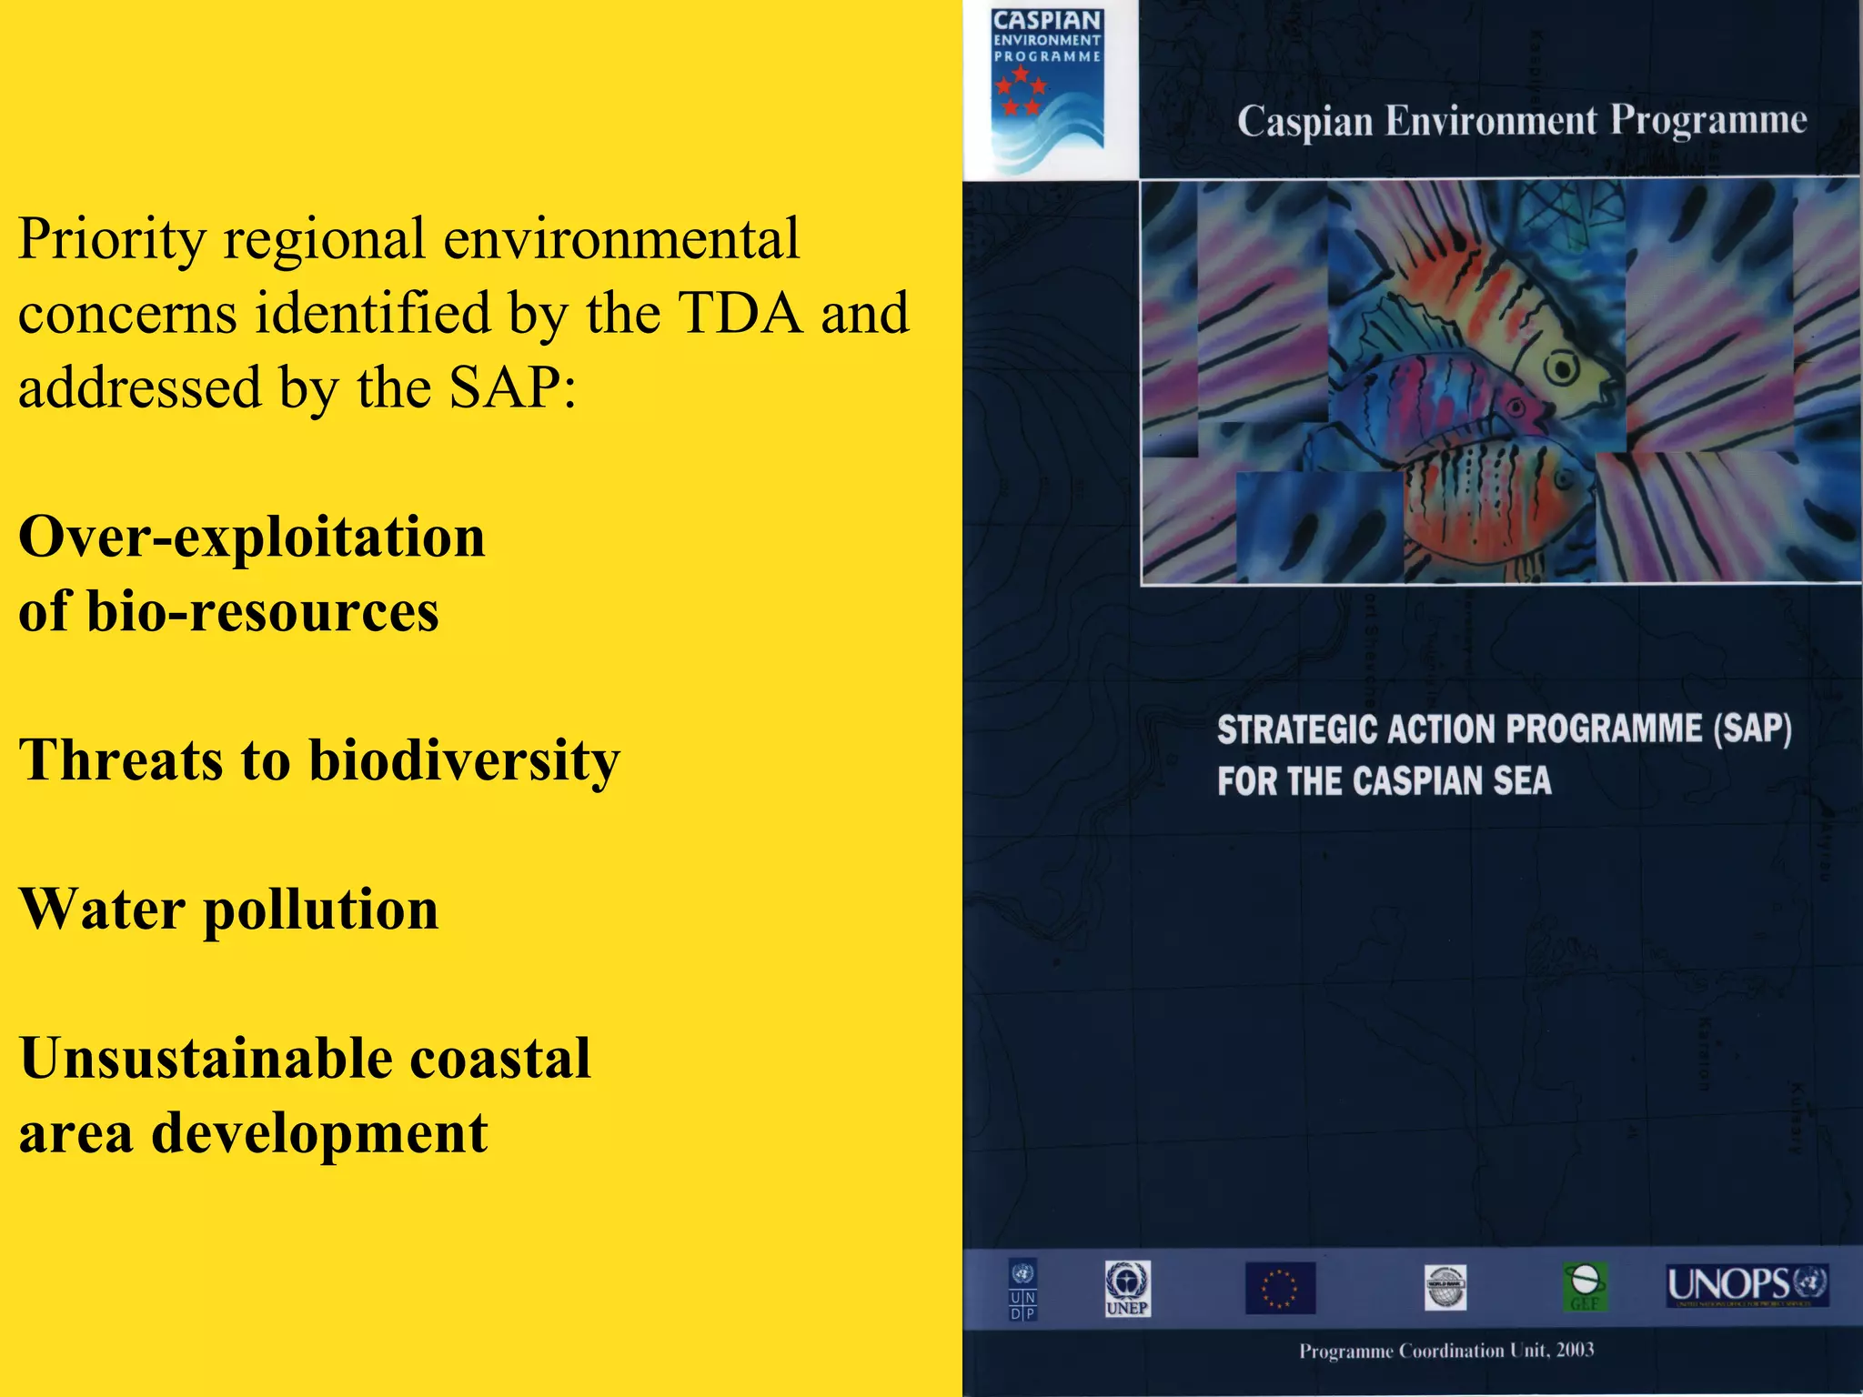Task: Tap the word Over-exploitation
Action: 252,537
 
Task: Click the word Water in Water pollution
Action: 102,909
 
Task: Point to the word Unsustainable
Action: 205,1058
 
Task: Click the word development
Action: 319,1133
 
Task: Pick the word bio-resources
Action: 263,611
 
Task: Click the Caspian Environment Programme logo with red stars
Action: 1047,91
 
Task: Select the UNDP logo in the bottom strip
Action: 1022,1289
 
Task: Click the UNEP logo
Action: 1127,1288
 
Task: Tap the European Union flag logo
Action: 1280,1288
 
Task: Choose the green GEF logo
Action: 1585,1287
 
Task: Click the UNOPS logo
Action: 1747,1286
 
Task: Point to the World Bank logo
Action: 1445,1288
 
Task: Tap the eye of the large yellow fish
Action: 1562,368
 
